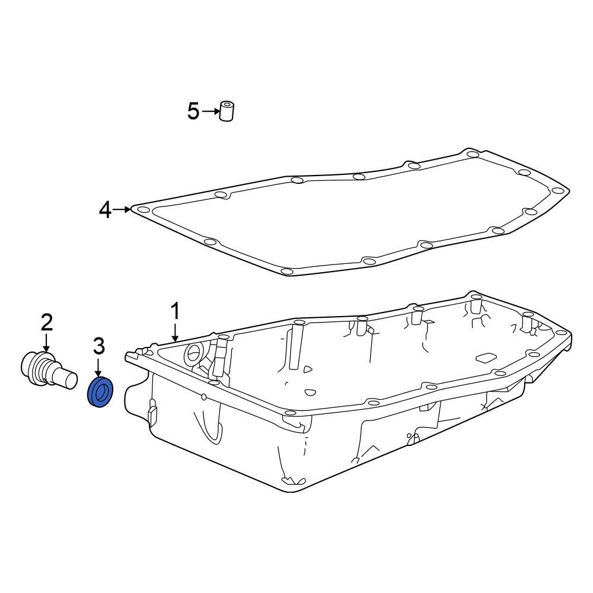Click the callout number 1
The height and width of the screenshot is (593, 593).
(x=175, y=311)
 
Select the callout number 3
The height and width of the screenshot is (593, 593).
(x=98, y=345)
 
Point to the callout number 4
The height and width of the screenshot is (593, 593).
(x=105, y=209)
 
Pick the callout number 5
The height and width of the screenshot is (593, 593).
(x=193, y=111)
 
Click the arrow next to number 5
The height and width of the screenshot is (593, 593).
(x=211, y=111)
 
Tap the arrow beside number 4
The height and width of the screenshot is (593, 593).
(x=123, y=209)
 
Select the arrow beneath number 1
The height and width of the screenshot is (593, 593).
(x=175, y=331)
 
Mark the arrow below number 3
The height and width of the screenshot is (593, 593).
(x=98, y=365)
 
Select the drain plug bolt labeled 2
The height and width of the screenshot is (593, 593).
(x=47, y=372)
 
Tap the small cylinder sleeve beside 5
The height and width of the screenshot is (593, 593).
(x=227, y=111)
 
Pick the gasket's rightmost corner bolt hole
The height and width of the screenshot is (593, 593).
(x=557, y=190)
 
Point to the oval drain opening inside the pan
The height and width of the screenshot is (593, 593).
(x=193, y=355)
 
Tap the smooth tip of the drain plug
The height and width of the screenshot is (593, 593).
(x=68, y=379)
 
